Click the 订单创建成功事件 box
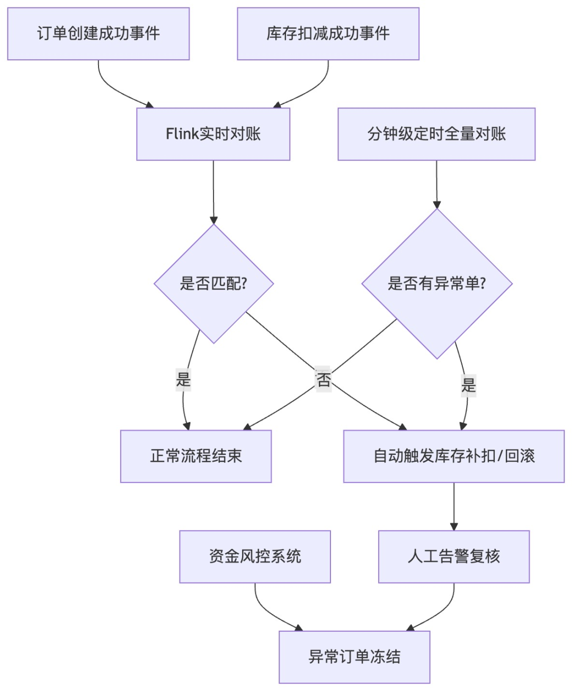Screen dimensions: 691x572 point(99,33)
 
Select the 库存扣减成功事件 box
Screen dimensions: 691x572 point(328,33)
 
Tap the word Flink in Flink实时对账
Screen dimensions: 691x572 point(182,134)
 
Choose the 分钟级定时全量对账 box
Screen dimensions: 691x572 point(436,134)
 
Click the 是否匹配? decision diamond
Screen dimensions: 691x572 point(213,283)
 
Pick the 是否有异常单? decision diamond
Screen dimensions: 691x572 point(437,283)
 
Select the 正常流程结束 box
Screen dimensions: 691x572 point(196,456)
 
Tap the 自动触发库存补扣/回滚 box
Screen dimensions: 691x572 point(454,456)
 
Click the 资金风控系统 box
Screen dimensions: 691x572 point(255,557)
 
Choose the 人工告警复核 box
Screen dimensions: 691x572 point(454,557)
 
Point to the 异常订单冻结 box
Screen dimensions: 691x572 point(354,657)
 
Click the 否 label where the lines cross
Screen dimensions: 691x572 point(323,379)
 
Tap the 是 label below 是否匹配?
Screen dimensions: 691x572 point(183,380)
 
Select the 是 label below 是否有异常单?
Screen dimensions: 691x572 point(469,385)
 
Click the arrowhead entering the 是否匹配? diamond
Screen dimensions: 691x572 point(214,220)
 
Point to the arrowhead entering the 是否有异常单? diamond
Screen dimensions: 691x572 point(437,205)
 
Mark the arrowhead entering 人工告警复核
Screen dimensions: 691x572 point(454,526)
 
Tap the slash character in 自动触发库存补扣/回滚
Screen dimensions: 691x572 point(499,456)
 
